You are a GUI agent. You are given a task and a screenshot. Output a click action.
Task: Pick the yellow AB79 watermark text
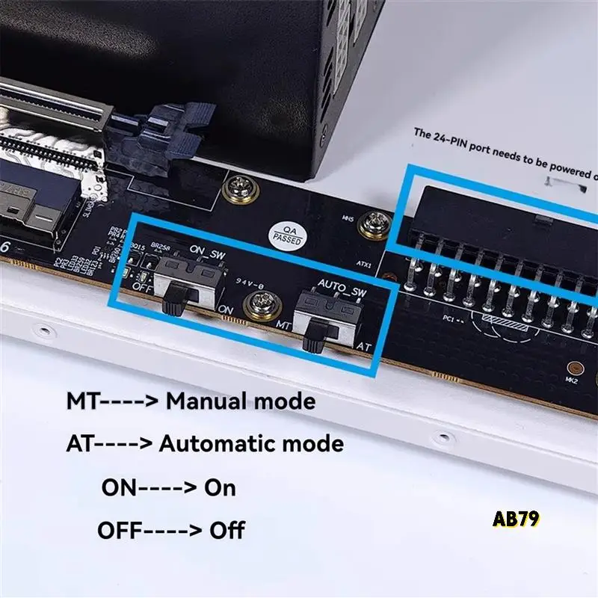click(x=516, y=519)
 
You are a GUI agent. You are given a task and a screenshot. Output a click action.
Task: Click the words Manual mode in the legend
click(x=240, y=401)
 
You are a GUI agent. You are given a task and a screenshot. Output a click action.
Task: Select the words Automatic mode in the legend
click(x=251, y=444)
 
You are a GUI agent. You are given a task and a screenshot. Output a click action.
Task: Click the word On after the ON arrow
click(x=220, y=488)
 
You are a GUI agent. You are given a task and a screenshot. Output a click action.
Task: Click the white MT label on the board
click(x=282, y=326)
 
